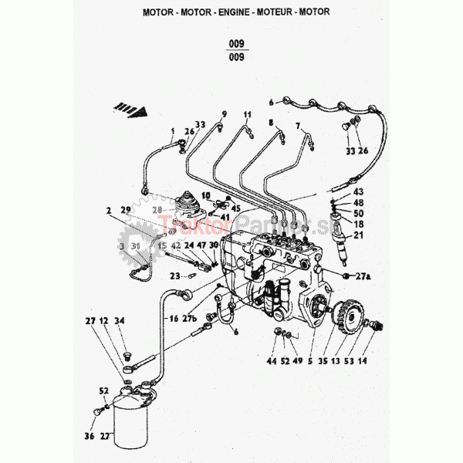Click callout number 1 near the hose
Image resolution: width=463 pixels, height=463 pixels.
[x=173, y=130]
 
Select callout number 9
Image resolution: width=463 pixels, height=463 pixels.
[x=225, y=113]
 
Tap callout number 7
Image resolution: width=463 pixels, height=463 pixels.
[x=298, y=127]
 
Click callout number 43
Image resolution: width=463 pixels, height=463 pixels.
[x=358, y=191]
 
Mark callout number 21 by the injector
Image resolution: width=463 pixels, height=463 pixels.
[x=358, y=236]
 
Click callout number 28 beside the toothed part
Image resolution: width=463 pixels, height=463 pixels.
[x=158, y=209]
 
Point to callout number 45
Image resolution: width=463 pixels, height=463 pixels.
[x=235, y=208]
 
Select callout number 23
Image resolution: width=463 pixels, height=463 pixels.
[x=175, y=275]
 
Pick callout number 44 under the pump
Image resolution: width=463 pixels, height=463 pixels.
[x=272, y=360]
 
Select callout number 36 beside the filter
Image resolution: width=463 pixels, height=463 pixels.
[x=89, y=437]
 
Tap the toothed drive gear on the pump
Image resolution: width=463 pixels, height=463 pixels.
[x=344, y=323]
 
